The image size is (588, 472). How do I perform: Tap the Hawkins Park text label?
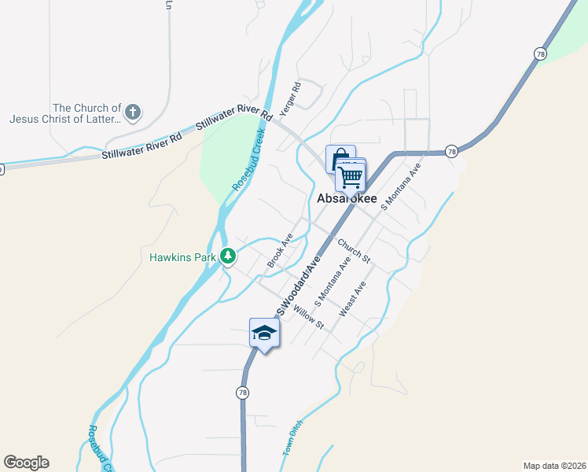(183, 256)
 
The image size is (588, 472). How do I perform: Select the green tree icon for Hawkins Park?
(228, 256)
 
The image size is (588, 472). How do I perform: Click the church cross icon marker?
(133, 112)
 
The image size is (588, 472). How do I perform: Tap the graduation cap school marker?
(264, 334)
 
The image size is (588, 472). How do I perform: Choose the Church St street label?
(354, 249)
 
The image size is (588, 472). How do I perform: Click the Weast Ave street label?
(352, 300)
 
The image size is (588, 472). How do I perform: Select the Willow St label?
(308, 316)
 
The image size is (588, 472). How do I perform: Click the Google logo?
(26, 462)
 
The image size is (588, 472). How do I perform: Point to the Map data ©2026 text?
(554, 465)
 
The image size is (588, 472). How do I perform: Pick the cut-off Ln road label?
(168, 5)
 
